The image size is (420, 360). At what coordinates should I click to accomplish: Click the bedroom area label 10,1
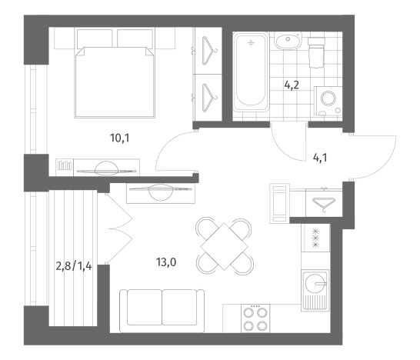click(119, 138)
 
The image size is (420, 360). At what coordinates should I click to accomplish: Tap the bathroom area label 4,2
click(292, 85)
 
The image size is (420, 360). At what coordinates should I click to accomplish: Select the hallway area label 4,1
click(320, 158)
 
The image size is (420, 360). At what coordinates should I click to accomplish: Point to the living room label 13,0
click(166, 262)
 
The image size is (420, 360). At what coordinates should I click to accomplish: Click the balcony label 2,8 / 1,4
click(74, 266)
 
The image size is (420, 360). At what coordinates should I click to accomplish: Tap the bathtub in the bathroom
click(251, 72)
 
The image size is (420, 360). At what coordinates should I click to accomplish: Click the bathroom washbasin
click(288, 41)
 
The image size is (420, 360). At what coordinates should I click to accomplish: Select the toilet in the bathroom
click(316, 52)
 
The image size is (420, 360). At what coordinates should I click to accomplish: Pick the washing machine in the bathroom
click(328, 101)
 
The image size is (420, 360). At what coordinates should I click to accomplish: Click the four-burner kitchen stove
click(255, 318)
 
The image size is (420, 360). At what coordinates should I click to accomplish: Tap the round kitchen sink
click(315, 283)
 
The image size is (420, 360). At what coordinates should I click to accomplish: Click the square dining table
click(224, 246)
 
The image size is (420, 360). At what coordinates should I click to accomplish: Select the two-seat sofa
click(162, 311)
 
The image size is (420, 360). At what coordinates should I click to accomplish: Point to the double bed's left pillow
click(95, 38)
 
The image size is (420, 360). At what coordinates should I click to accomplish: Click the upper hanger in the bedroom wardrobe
click(210, 51)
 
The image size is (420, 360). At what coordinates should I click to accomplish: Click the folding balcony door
click(120, 228)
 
